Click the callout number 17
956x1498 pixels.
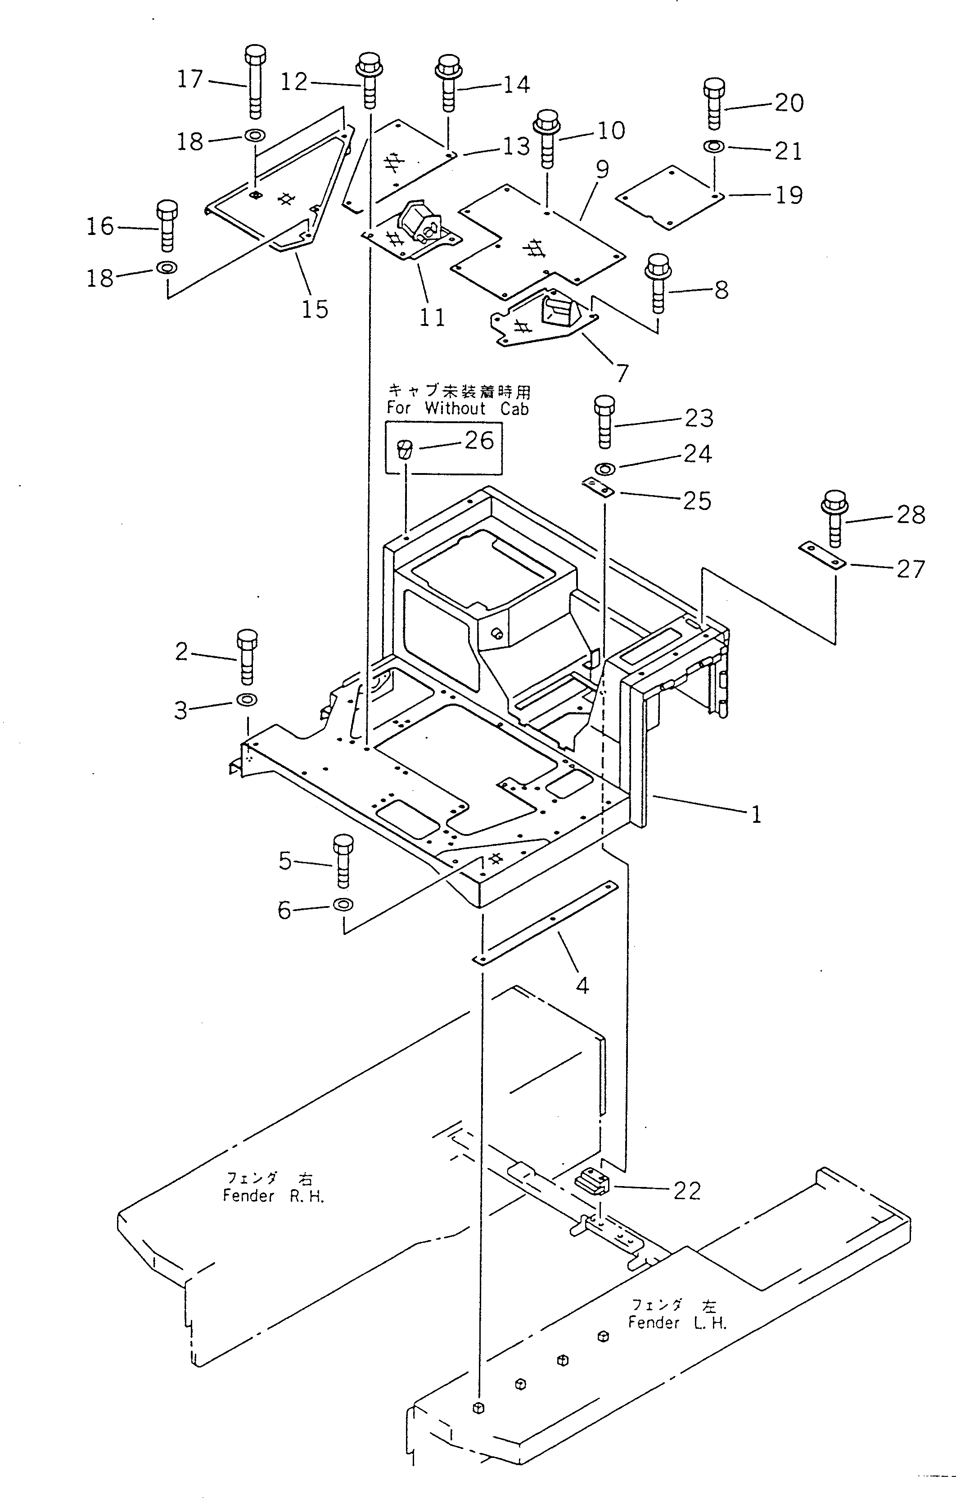[190, 79]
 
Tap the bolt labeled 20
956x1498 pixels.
[715, 104]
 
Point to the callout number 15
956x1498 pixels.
[315, 309]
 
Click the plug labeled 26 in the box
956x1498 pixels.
[405, 448]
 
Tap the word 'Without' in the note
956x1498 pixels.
[455, 409]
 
